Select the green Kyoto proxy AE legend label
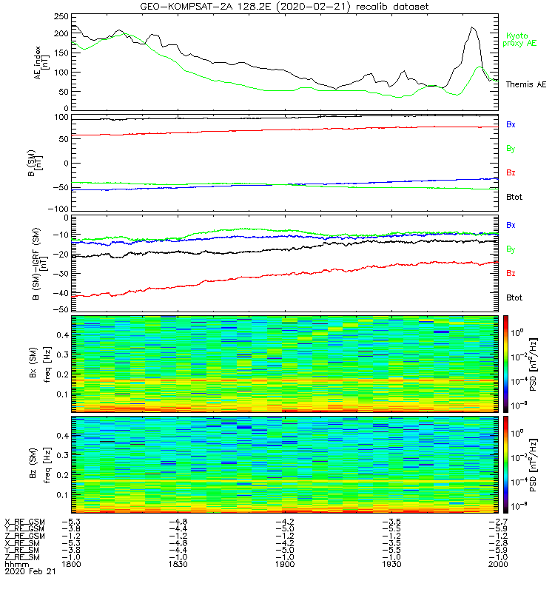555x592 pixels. point(521,39)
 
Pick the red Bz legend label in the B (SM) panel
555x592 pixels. point(511,172)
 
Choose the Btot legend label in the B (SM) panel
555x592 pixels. point(514,197)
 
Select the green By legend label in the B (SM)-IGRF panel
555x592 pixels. point(511,249)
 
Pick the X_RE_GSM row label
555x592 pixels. point(24,522)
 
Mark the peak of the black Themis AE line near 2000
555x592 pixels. point(472,28)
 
